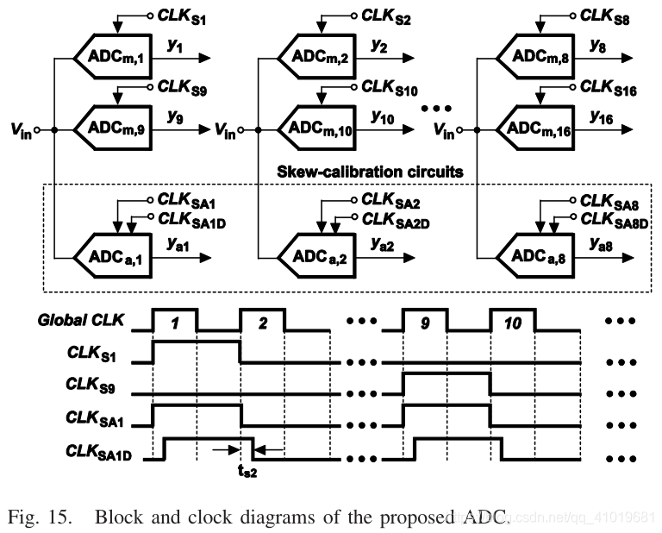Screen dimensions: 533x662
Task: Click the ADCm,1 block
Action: pyautogui.click(x=114, y=58)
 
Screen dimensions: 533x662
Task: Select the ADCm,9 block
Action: pyautogui.click(x=114, y=129)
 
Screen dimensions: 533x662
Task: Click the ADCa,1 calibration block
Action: pyautogui.click(x=114, y=256)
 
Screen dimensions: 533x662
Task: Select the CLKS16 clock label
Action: pyautogui.click(x=608, y=87)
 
